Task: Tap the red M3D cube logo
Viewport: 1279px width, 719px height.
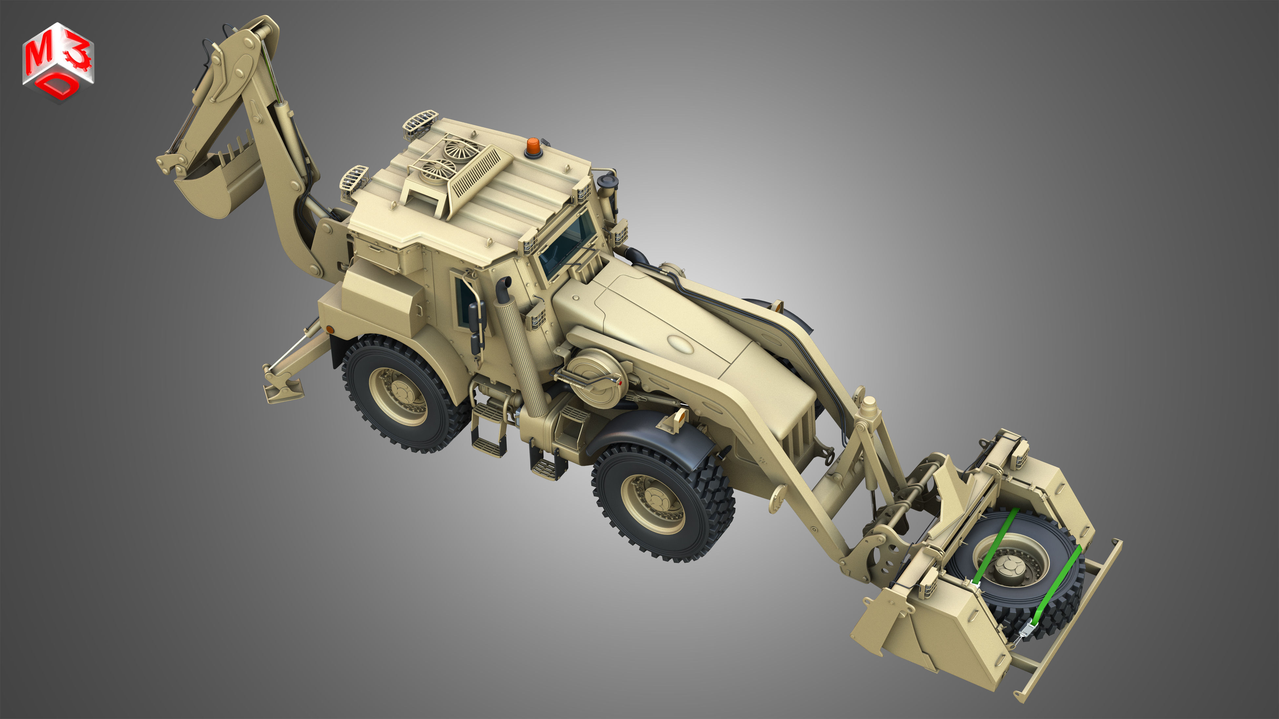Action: (x=58, y=62)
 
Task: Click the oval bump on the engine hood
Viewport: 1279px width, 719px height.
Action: (x=680, y=343)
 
